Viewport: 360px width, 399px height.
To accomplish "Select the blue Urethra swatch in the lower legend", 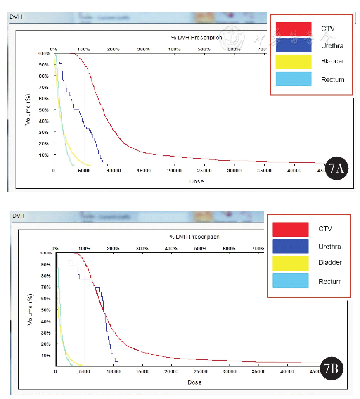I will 290,247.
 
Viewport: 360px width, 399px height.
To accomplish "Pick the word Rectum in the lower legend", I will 330,282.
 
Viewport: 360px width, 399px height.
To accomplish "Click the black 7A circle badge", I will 337,169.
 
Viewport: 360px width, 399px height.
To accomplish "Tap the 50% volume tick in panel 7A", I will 44,110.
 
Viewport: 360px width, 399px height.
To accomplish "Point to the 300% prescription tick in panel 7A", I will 143,49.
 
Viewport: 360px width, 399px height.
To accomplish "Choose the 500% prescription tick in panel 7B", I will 200,249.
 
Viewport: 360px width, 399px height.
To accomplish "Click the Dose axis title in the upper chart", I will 197,181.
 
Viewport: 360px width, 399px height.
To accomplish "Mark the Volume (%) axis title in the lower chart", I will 30,309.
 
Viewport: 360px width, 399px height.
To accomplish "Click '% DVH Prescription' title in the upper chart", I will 197,38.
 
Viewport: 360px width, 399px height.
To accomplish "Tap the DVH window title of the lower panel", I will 19,216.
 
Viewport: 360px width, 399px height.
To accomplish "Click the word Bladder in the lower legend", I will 330,263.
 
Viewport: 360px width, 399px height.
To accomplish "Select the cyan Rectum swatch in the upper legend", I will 294,79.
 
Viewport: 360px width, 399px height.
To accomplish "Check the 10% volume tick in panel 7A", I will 44,155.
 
